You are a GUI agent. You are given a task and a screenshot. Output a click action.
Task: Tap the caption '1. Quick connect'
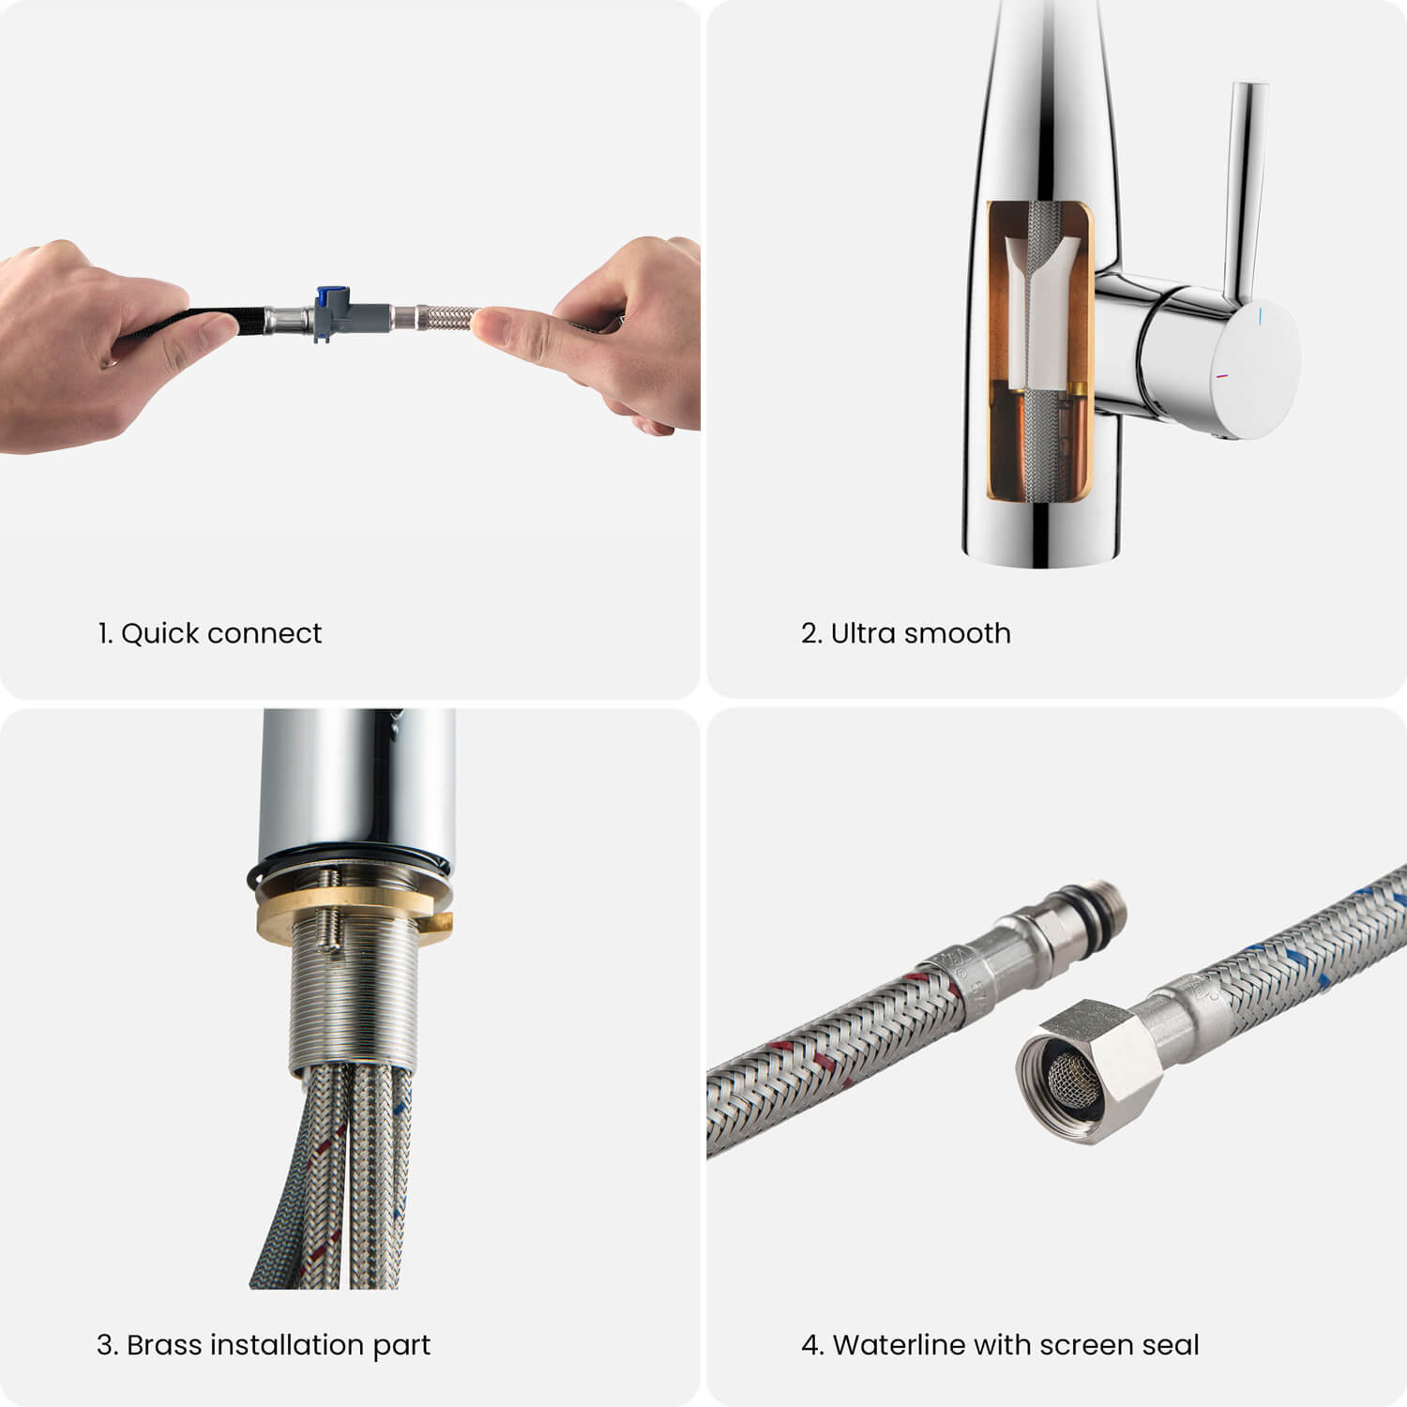pyautogui.click(x=210, y=633)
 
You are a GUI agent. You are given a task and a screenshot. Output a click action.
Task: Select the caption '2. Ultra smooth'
pyautogui.click(x=906, y=633)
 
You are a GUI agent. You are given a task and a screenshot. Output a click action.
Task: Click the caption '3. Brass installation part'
pyautogui.click(x=264, y=1345)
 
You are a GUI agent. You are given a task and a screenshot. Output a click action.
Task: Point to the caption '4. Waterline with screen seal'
pyautogui.click(x=1000, y=1345)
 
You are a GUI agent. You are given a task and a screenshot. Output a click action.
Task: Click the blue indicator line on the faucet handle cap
pyautogui.click(x=1261, y=313)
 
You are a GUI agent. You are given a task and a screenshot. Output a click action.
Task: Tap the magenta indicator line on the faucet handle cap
pyautogui.click(x=1221, y=377)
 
